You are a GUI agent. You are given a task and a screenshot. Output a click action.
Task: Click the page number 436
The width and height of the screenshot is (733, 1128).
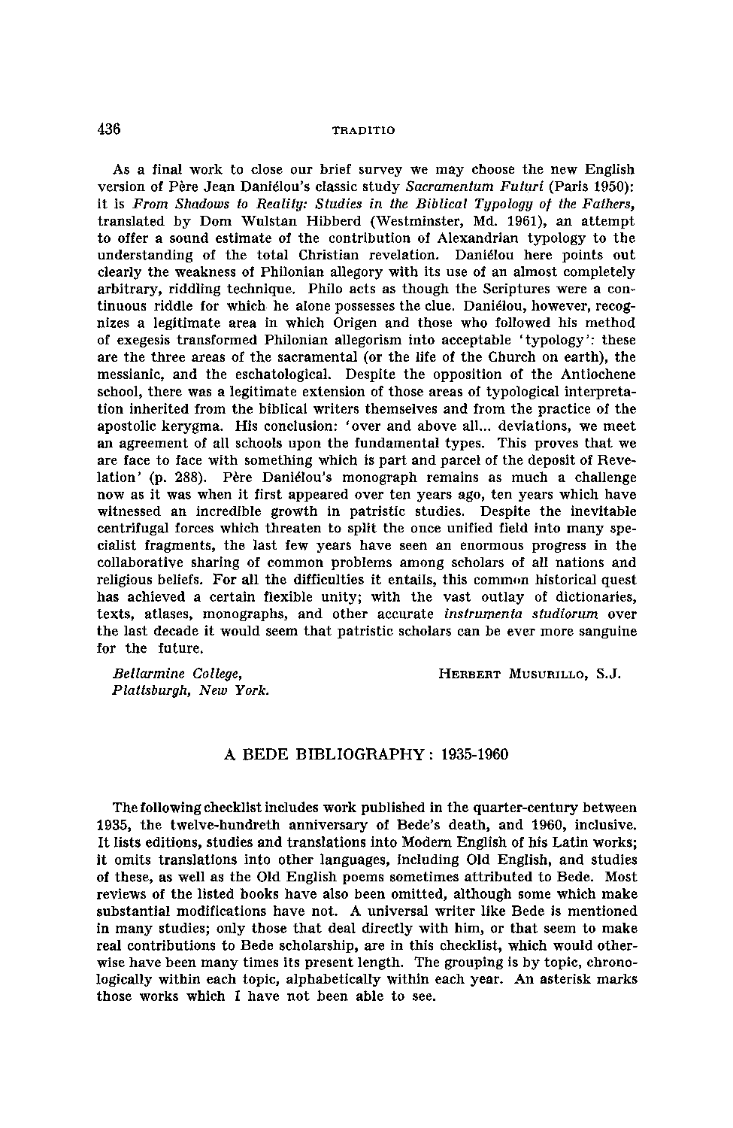click(x=109, y=129)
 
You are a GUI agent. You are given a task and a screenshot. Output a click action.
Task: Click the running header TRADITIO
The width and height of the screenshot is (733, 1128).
click(x=363, y=130)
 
